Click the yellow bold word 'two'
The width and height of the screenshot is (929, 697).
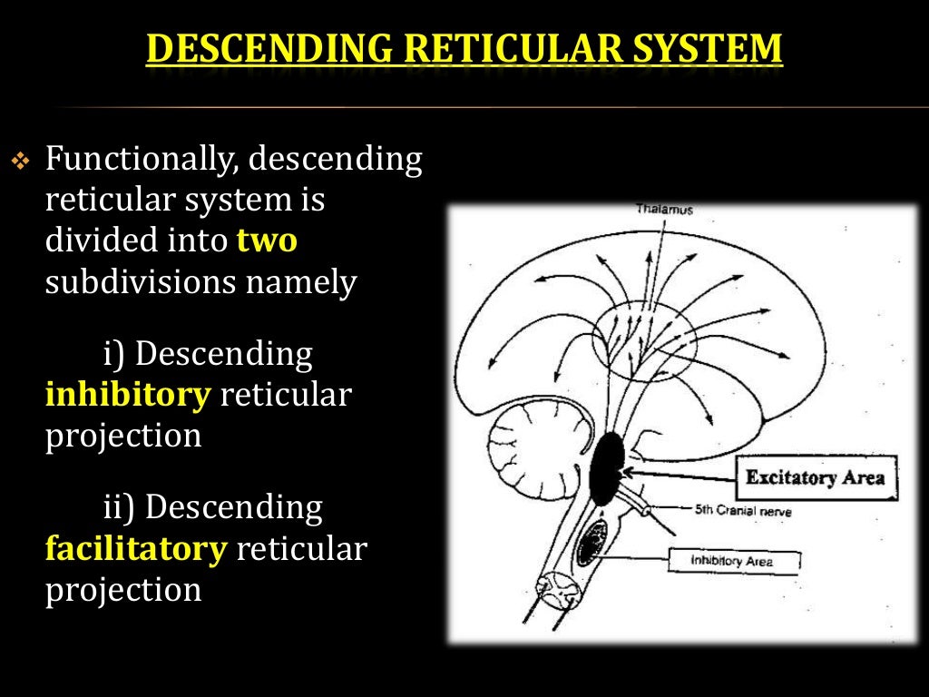[x=267, y=242]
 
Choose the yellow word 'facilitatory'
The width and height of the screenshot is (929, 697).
[x=134, y=550]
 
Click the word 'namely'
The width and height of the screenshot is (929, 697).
[x=303, y=282]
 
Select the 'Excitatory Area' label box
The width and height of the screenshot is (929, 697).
[x=814, y=477]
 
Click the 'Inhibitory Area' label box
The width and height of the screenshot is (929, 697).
[x=733, y=561]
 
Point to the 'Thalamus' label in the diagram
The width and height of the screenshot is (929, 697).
[x=664, y=211]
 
